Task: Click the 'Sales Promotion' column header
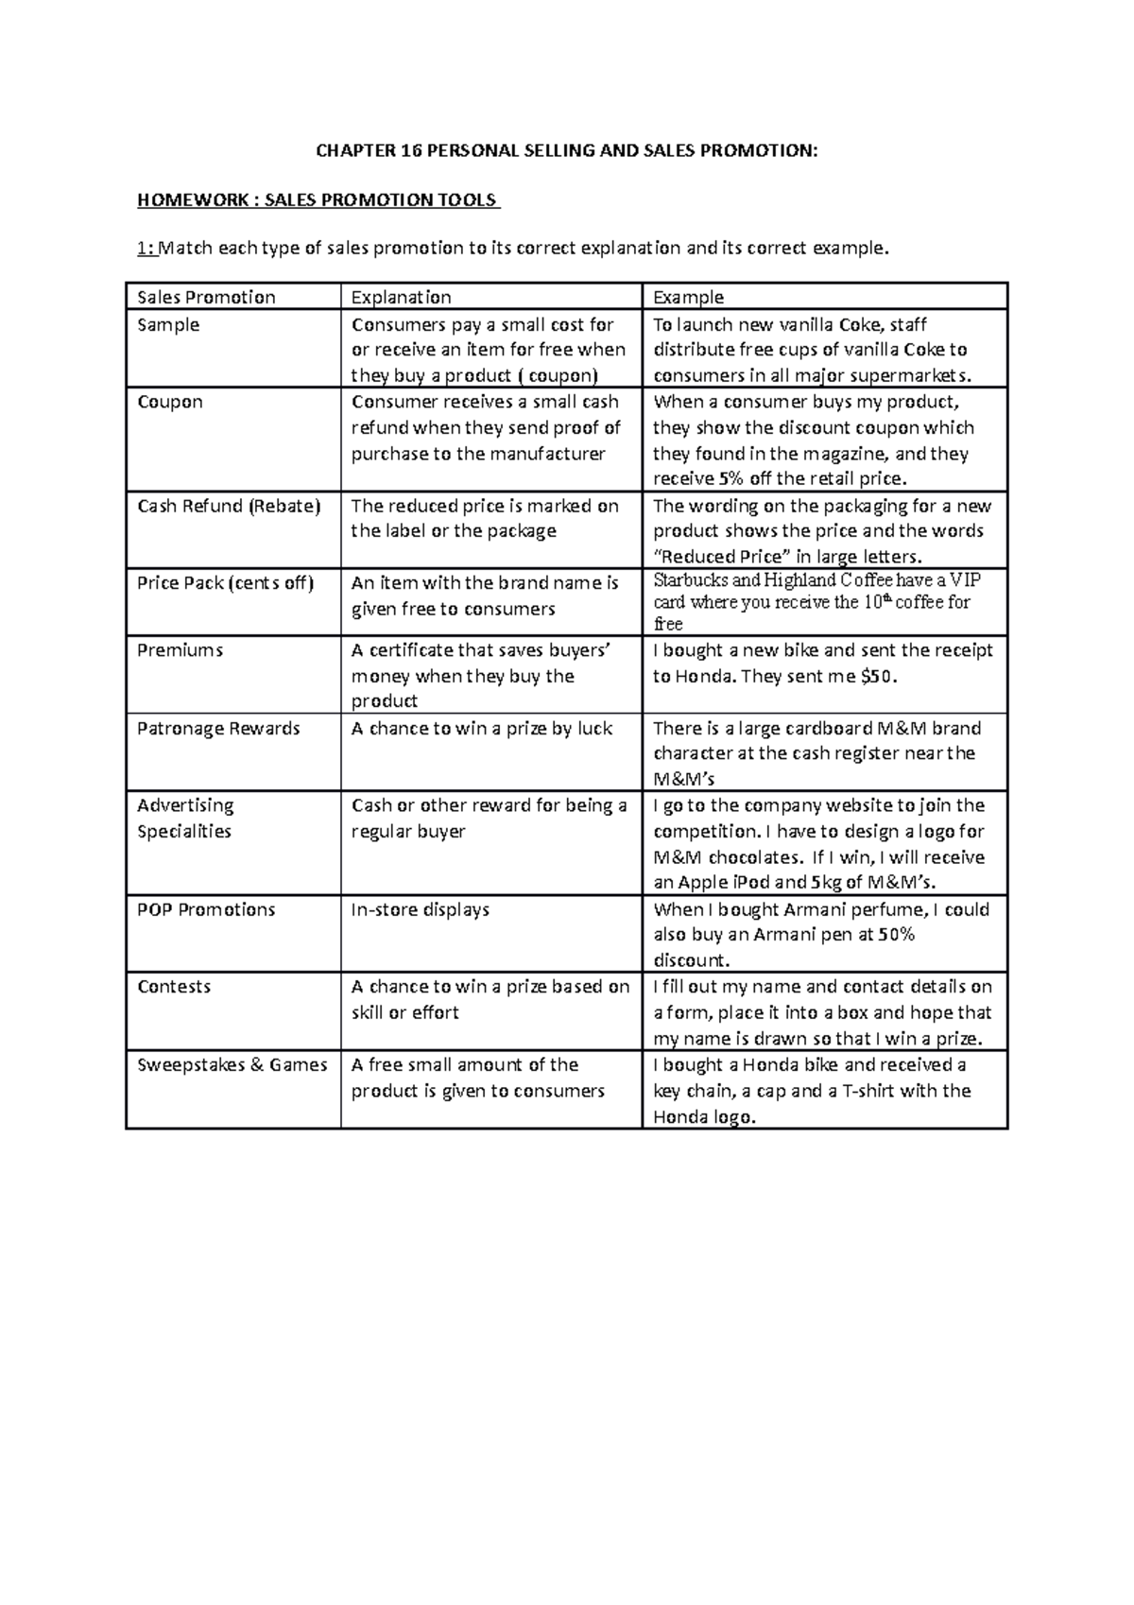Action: [x=206, y=297]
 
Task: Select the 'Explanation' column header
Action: [x=401, y=297]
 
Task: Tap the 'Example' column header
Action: [x=688, y=297]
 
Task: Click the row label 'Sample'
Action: [x=168, y=324]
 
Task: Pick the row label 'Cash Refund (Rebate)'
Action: [x=229, y=506]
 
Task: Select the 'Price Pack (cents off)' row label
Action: [x=225, y=582]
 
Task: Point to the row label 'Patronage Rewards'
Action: [x=218, y=728]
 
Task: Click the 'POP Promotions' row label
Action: [x=206, y=909]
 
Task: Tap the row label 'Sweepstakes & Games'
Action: [x=232, y=1064]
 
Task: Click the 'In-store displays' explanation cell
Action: [x=421, y=909]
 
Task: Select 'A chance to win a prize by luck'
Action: [x=482, y=728]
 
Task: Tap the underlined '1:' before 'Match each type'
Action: [x=145, y=249]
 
